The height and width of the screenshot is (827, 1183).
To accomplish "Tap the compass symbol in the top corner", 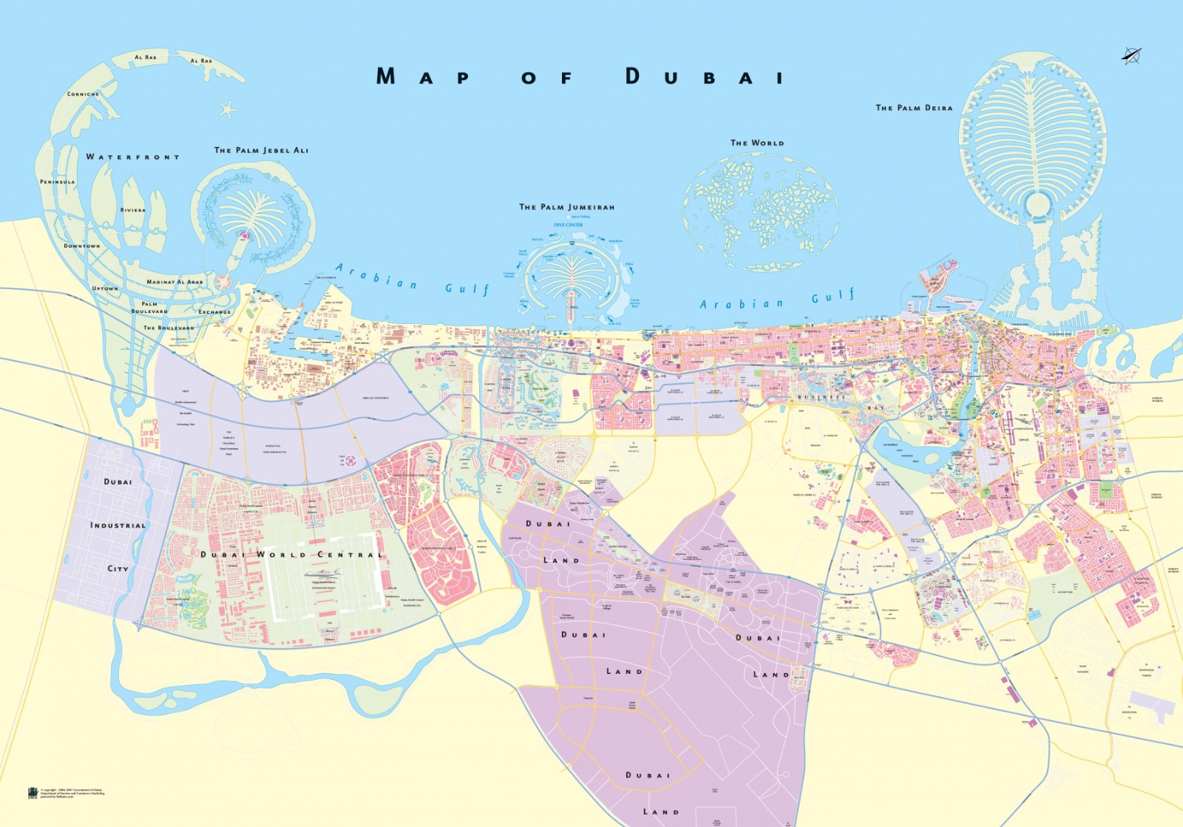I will tap(1131, 55).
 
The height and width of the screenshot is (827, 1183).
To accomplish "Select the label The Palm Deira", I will tap(914, 108).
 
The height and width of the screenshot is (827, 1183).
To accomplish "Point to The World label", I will tap(757, 143).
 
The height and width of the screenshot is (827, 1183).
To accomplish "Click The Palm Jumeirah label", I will tap(566, 207).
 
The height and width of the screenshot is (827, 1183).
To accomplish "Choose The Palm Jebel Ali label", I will tap(261, 150).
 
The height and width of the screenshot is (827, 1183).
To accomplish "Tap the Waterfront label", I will tap(132, 157).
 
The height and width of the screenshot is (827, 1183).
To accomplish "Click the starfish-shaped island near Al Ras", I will tap(227, 110).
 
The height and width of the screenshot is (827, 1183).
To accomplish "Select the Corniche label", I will tap(83, 94).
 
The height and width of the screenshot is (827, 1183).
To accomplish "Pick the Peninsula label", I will tap(57, 181).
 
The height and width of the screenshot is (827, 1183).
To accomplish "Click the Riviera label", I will tap(133, 210).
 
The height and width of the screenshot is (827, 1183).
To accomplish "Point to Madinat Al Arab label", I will tap(174, 282).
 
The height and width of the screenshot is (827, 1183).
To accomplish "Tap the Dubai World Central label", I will tap(291, 554).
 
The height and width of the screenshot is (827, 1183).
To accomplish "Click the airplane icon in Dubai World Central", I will tap(324, 573).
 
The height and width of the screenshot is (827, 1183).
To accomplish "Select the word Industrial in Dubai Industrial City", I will tap(118, 525).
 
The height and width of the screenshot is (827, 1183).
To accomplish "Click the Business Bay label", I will tap(841, 402).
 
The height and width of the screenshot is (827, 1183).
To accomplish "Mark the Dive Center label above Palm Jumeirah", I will tap(568, 225).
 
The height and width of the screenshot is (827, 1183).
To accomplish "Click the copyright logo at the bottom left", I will tap(33, 793).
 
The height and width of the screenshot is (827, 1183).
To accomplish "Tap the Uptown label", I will tap(105, 288).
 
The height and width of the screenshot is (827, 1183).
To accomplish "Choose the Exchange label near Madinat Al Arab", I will tap(214, 312).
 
